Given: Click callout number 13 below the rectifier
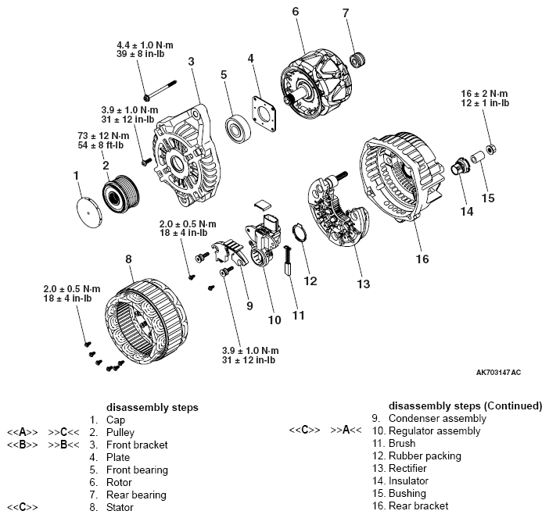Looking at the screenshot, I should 362,284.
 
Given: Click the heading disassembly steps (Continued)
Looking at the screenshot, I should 465,406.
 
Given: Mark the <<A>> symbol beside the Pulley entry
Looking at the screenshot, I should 22,432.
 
